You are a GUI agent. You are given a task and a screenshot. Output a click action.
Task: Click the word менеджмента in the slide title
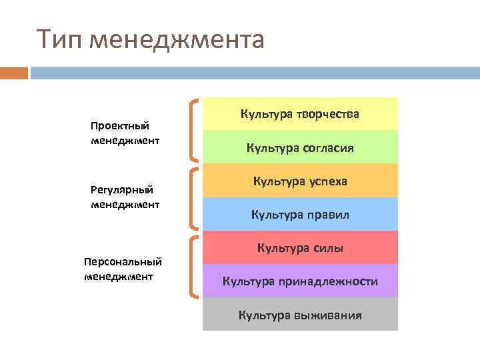(x=177, y=39)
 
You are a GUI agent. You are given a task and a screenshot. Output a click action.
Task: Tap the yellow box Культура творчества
(x=300, y=114)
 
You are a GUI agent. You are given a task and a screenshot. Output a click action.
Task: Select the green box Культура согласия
(x=300, y=147)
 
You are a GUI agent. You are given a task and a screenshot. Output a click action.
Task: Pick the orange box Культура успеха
(x=300, y=181)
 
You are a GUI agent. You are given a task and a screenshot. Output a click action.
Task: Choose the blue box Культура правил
(x=300, y=214)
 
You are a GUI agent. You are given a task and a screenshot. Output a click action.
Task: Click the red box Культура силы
(x=300, y=248)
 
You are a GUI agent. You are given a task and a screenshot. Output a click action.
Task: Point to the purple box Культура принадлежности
(x=300, y=281)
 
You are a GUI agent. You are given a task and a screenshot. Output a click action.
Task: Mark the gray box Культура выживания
(x=300, y=315)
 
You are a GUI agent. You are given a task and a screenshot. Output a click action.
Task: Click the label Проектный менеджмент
(x=125, y=133)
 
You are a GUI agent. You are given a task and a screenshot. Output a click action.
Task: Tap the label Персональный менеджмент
(x=123, y=268)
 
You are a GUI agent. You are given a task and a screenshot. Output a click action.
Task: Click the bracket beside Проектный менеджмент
(x=193, y=131)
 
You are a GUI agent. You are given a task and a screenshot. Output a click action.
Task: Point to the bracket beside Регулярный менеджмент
(x=193, y=198)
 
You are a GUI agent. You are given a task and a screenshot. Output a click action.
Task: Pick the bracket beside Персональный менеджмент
(x=193, y=266)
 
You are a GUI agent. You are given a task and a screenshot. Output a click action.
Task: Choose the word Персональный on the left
(x=123, y=261)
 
